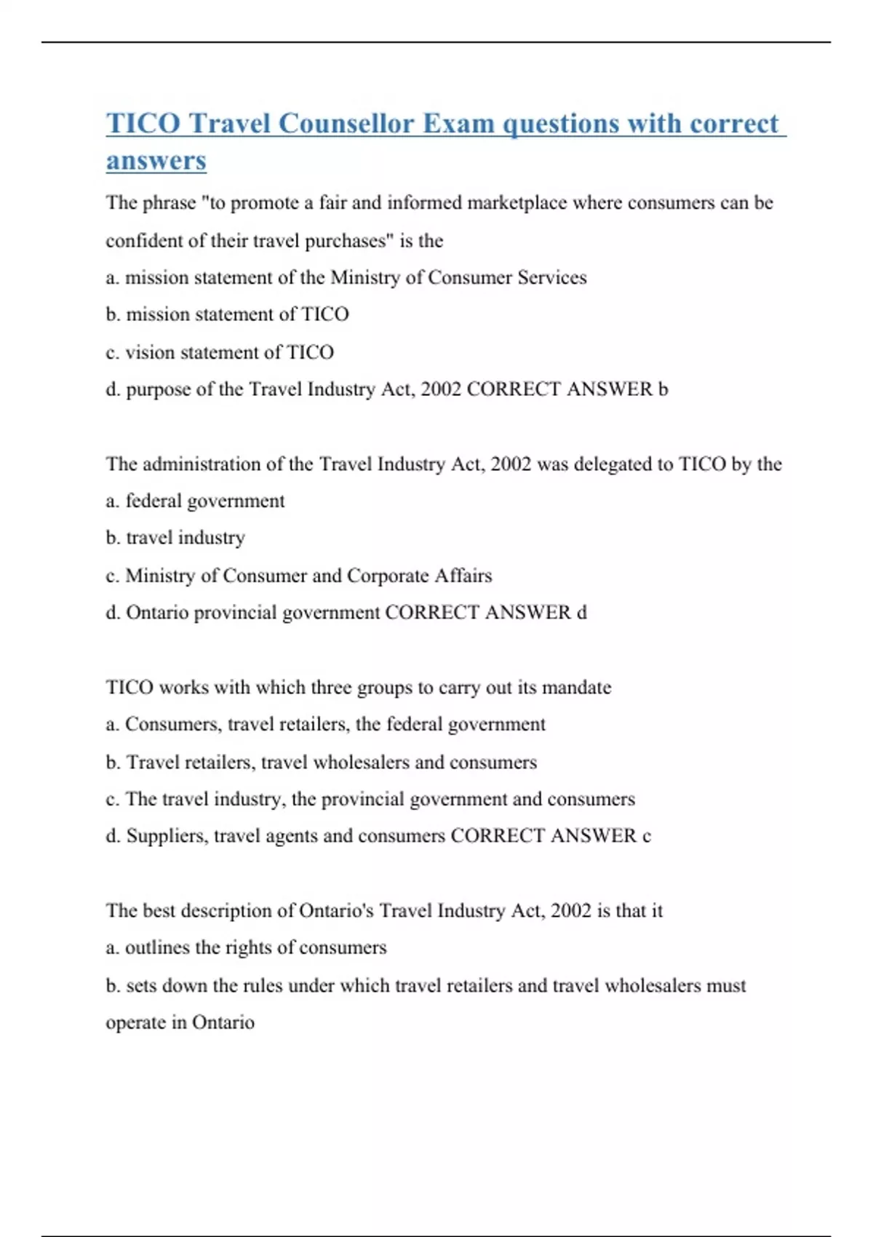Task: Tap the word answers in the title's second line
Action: (156, 161)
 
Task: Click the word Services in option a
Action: (552, 277)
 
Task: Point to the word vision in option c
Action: (150, 352)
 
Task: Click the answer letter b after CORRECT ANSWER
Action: (663, 389)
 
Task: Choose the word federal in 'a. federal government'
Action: (153, 501)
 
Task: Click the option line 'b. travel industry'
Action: (175, 538)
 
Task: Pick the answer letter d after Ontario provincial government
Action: (581, 613)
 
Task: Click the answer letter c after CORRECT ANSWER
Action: (646, 836)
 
